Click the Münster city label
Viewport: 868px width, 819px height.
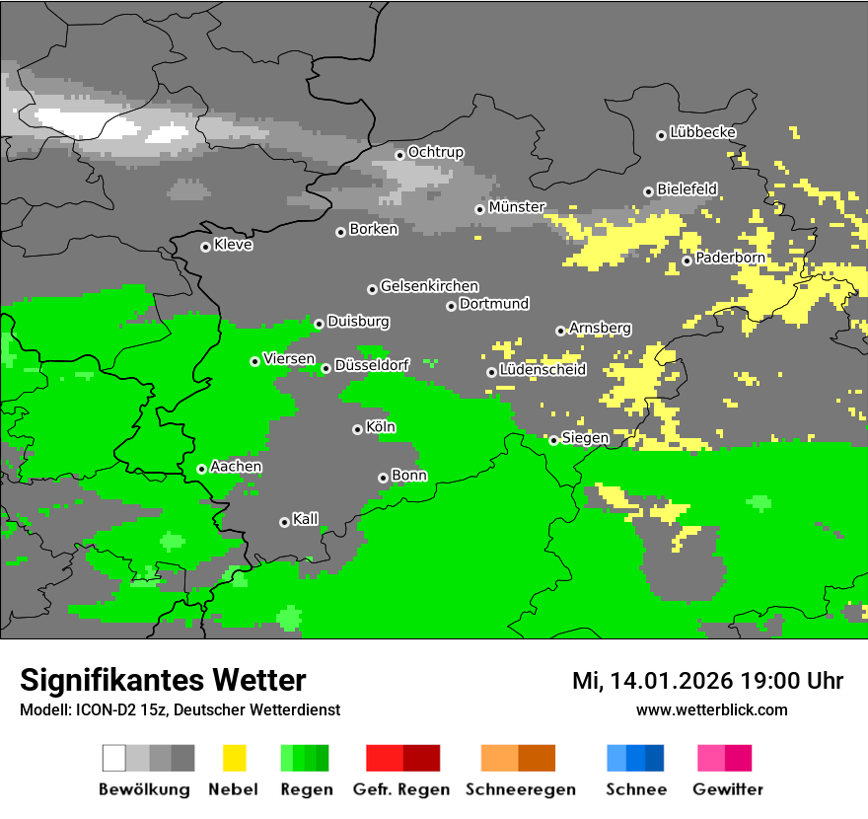[x=517, y=207]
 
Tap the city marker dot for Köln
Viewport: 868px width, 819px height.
[x=357, y=429]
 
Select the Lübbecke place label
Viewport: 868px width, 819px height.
[x=702, y=132]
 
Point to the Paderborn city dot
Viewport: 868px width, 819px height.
[x=687, y=261]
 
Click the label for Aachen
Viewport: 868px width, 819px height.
[x=236, y=467]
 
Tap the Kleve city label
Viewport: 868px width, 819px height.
[x=233, y=245]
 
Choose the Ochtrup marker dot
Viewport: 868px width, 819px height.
[x=399, y=154]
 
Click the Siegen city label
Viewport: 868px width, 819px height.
[x=585, y=438]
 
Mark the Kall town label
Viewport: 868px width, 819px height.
[x=306, y=519]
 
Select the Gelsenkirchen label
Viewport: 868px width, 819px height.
[x=429, y=286]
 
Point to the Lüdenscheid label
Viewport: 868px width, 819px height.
[x=542, y=370]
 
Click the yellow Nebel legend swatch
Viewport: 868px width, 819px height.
[x=234, y=758]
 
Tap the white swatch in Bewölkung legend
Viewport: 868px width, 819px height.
[x=114, y=758]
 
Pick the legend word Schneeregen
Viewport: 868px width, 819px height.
[x=521, y=789]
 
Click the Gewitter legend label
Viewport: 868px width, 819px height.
[x=728, y=789]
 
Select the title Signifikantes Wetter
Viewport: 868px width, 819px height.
[x=163, y=681]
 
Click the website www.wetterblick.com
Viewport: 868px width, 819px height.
[x=711, y=710]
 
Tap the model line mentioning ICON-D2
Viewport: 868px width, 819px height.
[x=180, y=710]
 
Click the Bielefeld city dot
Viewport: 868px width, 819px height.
[x=648, y=191]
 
